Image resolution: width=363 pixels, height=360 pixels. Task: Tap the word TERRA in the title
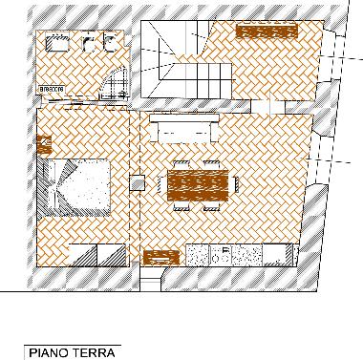coord(91,352)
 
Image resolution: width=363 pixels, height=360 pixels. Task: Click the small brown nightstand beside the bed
coord(43,144)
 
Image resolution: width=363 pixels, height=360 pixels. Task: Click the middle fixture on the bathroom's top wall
coord(90,43)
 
